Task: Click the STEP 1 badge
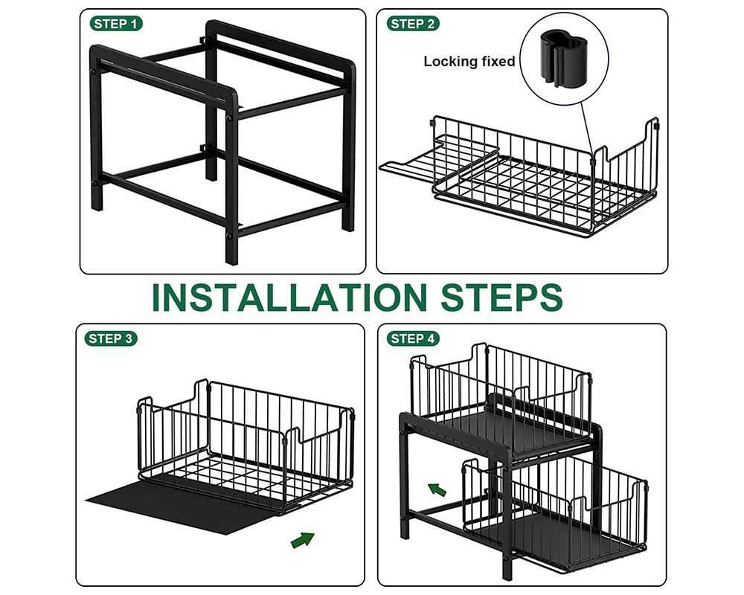(x=115, y=24)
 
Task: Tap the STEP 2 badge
(x=413, y=24)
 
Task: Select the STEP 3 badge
(x=112, y=338)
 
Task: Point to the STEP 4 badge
(x=413, y=338)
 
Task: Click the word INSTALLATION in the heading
(x=290, y=297)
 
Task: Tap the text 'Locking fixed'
(x=469, y=62)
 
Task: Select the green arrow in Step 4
(x=437, y=489)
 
